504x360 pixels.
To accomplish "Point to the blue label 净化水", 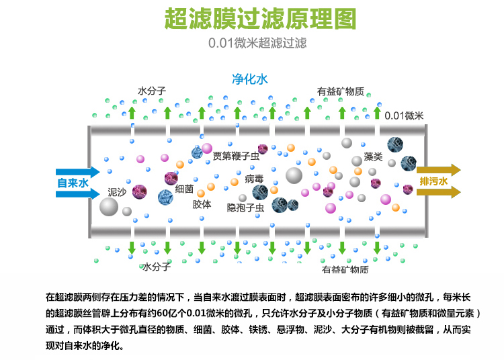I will (x=249, y=79).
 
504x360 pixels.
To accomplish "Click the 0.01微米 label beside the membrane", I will (x=404, y=116).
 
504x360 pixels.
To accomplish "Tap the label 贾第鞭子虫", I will (x=235, y=156).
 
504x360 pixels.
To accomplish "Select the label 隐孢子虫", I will (x=245, y=208).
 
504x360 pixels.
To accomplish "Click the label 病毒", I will (x=254, y=179).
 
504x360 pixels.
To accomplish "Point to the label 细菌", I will (x=184, y=189).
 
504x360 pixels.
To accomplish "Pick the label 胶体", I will (x=202, y=204).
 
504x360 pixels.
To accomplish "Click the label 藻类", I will (x=373, y=157).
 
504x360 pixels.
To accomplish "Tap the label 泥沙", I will (x=117, y=192).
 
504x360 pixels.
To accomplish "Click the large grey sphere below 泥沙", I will (x=109, y=207).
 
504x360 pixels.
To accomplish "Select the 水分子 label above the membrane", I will (x=152, y=91).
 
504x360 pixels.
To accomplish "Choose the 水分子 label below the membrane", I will (x=156, y=267).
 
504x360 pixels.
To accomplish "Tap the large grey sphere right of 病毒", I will (x=294, y=175).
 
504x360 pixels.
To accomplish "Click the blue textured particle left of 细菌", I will (x=165, y=197).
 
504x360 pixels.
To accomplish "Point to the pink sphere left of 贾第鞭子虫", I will (x=206, y=148).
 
